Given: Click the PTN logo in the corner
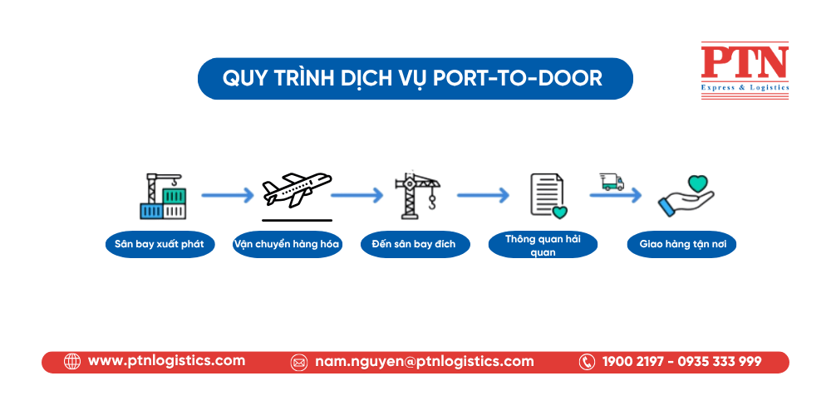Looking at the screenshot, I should pyautogui.click(x=744, y=71).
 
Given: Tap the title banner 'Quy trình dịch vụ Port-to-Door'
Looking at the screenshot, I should pyautogui.click(x=415, y=79).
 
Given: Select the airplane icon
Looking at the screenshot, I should pyautogui.click(x=297, y=190).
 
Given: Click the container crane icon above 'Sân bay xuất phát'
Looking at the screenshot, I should pyautogui.click(x=163, y=196).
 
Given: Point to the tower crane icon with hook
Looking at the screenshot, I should pyautogui.click(x=416, y=196).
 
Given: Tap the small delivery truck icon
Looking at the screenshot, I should pyautogui.click(x=612, y=182).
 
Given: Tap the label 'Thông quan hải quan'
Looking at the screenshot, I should pyautogui.click(x=543, y=245).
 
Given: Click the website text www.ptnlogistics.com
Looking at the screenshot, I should pyautogui.click(x=166, y=361).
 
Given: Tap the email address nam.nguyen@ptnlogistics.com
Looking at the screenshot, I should pyautogui.click(x=424, y=362).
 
